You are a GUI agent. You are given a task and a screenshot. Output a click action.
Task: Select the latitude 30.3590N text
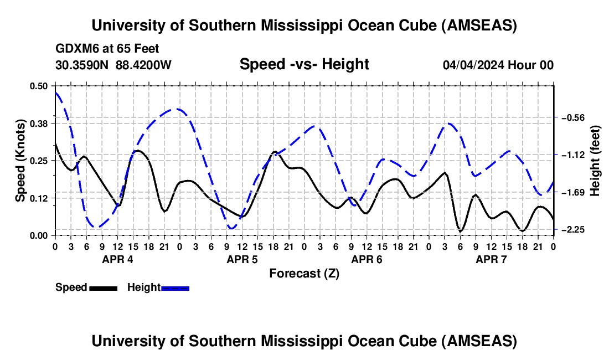click(83, 65)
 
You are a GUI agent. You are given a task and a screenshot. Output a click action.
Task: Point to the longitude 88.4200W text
click(143, 65)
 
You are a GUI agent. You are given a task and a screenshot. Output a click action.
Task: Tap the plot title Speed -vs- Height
click(304, 64)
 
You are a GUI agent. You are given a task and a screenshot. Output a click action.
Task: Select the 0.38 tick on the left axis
click(39, 123)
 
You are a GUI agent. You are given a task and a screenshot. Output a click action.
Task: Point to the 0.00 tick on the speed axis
click(39, 236)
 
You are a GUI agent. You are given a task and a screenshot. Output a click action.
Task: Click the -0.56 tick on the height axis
click(574, 117)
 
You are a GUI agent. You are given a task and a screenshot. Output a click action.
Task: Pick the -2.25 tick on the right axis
click(574, 229)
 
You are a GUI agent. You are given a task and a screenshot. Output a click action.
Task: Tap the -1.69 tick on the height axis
click(574, 192)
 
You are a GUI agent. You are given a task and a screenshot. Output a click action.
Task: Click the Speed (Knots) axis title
click(20, 160)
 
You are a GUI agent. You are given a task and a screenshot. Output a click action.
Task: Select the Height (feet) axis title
click(596, 160)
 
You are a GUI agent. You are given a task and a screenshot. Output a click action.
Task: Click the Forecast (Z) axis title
click(304, 273)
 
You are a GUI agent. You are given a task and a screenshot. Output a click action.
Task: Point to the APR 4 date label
click(117, 259)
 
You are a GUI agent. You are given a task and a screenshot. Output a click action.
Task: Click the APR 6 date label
click(366, 259)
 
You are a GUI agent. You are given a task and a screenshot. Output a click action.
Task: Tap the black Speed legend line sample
click(102, 287)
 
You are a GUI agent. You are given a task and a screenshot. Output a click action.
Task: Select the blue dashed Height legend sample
click(175, 287)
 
